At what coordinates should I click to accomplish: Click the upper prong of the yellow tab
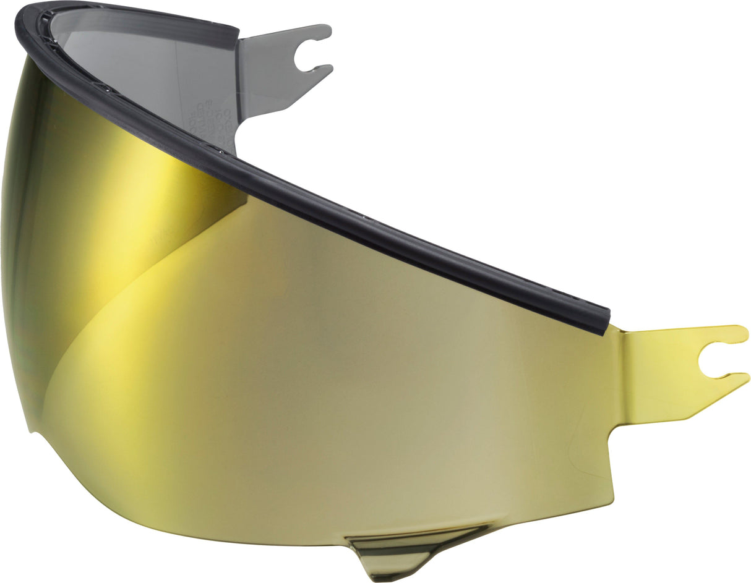click(730, 334)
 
